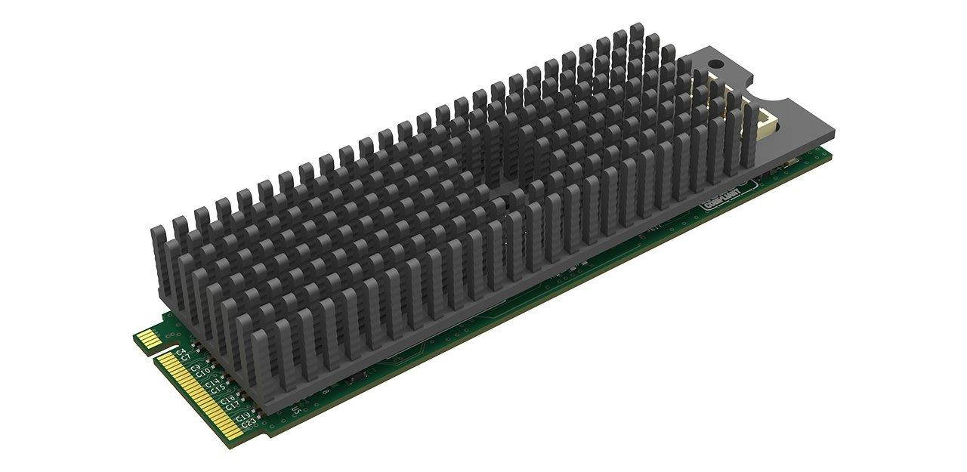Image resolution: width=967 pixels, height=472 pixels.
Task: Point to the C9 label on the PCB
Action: pyautogui.click(x=195, y=367)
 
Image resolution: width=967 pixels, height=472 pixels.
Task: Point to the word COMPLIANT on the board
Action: pyautogui.click(x=719, y=202)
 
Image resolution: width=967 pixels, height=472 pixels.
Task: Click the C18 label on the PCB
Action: pyautogui.click(x=227, y=400)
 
